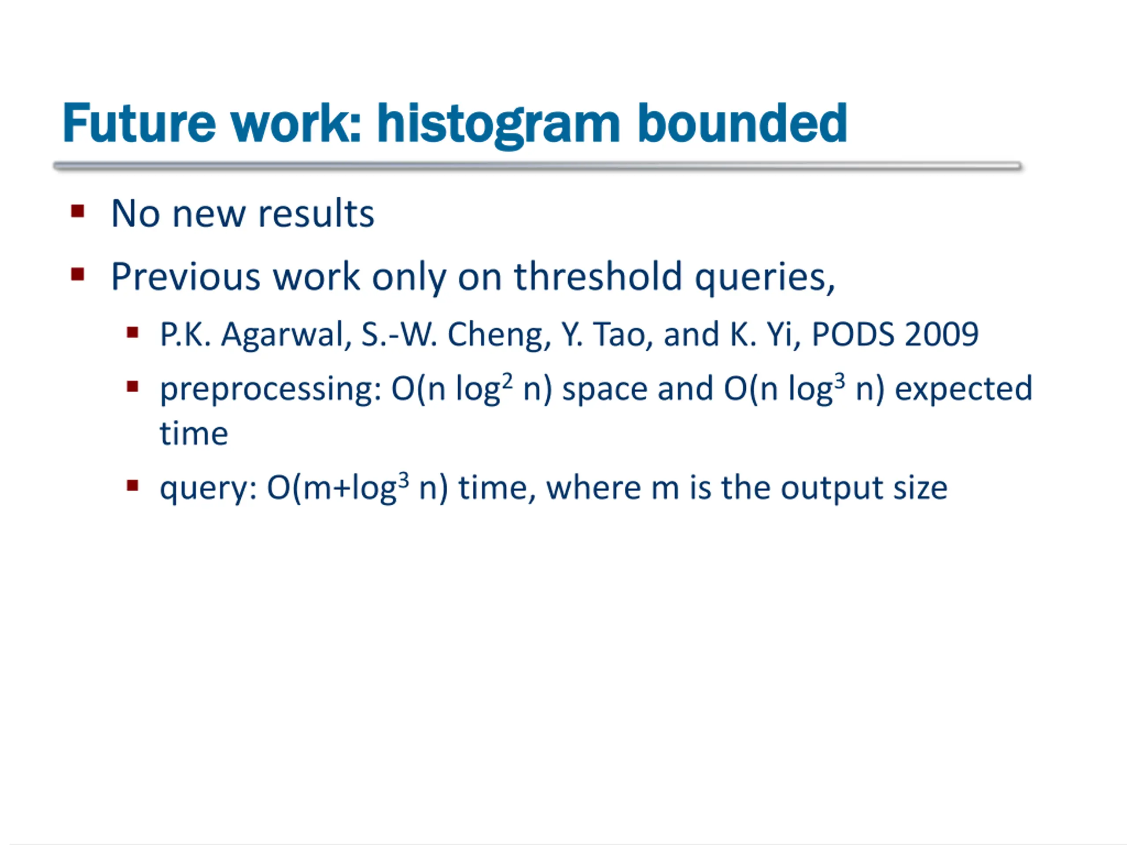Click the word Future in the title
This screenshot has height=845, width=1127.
tap(139, 123)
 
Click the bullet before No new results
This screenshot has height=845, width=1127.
tap(77, 211)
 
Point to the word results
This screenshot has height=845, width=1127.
tap(316, 213)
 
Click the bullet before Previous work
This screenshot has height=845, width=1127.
tap(77, 275)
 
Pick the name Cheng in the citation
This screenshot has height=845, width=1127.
tap(499, 336)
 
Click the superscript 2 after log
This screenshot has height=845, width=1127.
tap(507, 381)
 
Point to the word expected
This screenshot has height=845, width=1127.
tap(963, 390)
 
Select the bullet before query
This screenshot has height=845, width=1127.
tap(133, 485)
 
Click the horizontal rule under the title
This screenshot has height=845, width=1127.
tap(538, 165)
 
